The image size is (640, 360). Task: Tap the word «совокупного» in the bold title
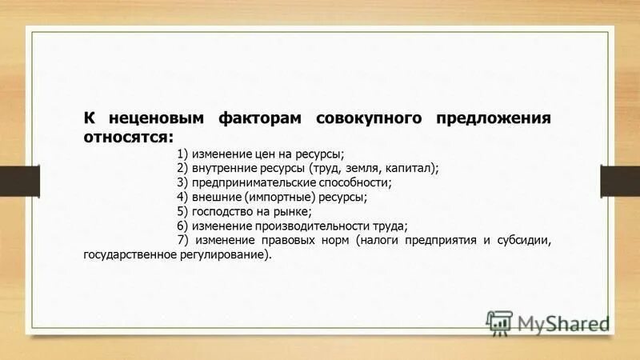[x=369, y=118]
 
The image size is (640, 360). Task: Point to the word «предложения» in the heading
[x=493, y=118]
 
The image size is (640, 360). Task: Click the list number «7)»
[x=183, y=240]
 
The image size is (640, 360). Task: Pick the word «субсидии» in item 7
[x=520, y=240]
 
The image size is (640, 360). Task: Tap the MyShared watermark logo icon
[x=500, y=322]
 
